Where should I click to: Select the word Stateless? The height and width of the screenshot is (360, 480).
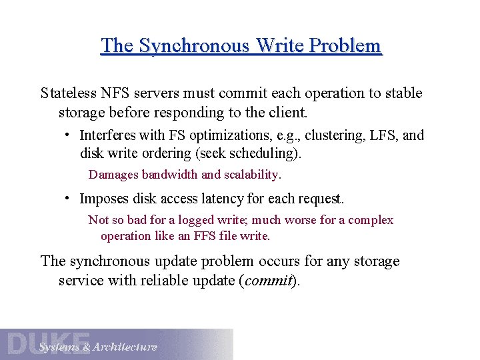pos(68,93)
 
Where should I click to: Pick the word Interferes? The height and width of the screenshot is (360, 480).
pos(107,135)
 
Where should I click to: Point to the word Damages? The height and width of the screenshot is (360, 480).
pos(112,175)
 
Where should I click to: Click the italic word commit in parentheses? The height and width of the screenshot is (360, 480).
pos(269,280)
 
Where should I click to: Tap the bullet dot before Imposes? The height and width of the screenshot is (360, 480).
pos(68,199)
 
